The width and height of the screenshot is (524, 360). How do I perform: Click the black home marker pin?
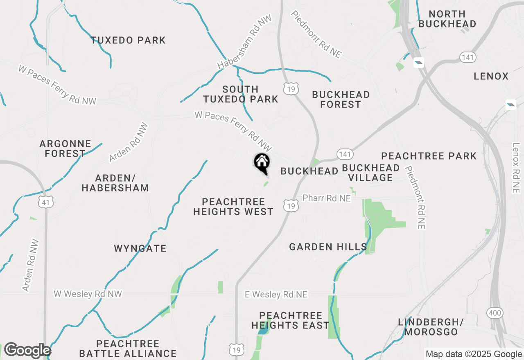point(262,163)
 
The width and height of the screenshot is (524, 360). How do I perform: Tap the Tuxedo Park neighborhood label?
point(128,40)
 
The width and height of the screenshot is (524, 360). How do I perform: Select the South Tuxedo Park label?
point(241,94)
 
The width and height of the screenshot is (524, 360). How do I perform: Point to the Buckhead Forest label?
point(341,99)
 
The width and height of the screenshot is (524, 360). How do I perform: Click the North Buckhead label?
point(447,19)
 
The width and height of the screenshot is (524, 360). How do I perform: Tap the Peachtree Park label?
point(429,156)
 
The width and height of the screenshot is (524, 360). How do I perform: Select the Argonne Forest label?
point(65,148)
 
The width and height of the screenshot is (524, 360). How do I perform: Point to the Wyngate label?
point(140,248)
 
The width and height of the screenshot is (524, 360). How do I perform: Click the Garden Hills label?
point(328,247)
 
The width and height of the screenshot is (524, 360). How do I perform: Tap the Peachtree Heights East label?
point(290,320)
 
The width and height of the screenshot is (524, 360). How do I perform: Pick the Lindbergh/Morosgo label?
point(431,327)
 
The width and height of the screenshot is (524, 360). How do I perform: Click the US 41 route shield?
point(47,202)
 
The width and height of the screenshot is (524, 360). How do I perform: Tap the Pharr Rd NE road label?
point(326,198)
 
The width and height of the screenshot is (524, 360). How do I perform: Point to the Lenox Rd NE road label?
point(515,168)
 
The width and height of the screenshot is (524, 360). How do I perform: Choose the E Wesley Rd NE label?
point(276,295)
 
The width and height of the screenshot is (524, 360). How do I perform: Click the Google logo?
point(27,350)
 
